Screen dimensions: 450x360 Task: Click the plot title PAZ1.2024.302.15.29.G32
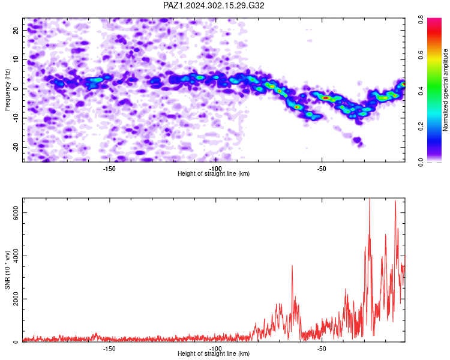pos(214,5)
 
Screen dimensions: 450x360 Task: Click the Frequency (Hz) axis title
pos(7,90)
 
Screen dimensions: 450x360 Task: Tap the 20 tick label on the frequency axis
pos(16,30)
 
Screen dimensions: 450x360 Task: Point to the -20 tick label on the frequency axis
pos(16,147)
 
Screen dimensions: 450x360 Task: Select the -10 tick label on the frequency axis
pos(16,118)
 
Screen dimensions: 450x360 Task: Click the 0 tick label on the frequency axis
pos(16,88)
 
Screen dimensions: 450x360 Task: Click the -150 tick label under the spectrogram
pos(109,169)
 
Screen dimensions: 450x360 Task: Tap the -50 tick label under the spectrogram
pos(322,169)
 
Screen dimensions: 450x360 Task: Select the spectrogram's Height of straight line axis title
pos(214,173)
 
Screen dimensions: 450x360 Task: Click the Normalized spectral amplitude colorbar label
pos(445,90)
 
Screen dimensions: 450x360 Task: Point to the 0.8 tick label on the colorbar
pos(421,20)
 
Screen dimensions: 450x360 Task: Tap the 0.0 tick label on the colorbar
pos(421,162)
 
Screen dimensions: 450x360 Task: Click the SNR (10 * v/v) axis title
pos(7,270)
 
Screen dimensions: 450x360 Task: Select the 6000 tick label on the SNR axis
pos(16,213)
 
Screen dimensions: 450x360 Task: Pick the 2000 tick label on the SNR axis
pos(16,299)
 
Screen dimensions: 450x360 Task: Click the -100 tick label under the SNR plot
pos(215,349)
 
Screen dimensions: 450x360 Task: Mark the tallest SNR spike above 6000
pos(370,199)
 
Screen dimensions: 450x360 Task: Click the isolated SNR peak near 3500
pos(292,266)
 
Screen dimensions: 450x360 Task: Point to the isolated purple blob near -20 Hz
pos(358,141)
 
